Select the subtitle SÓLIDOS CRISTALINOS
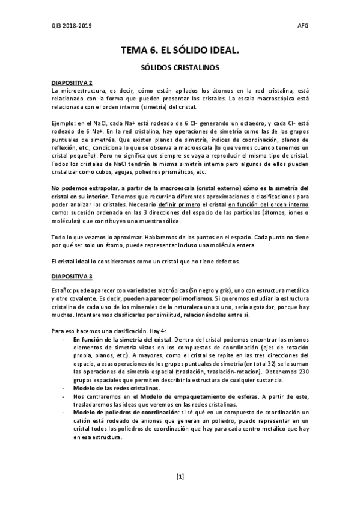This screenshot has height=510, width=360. (x=180, y=69)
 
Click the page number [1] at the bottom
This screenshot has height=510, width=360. (x=180, y=476)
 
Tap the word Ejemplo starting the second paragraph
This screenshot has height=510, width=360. (x=64, y=123)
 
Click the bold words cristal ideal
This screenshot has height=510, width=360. (x=73, y=262)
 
